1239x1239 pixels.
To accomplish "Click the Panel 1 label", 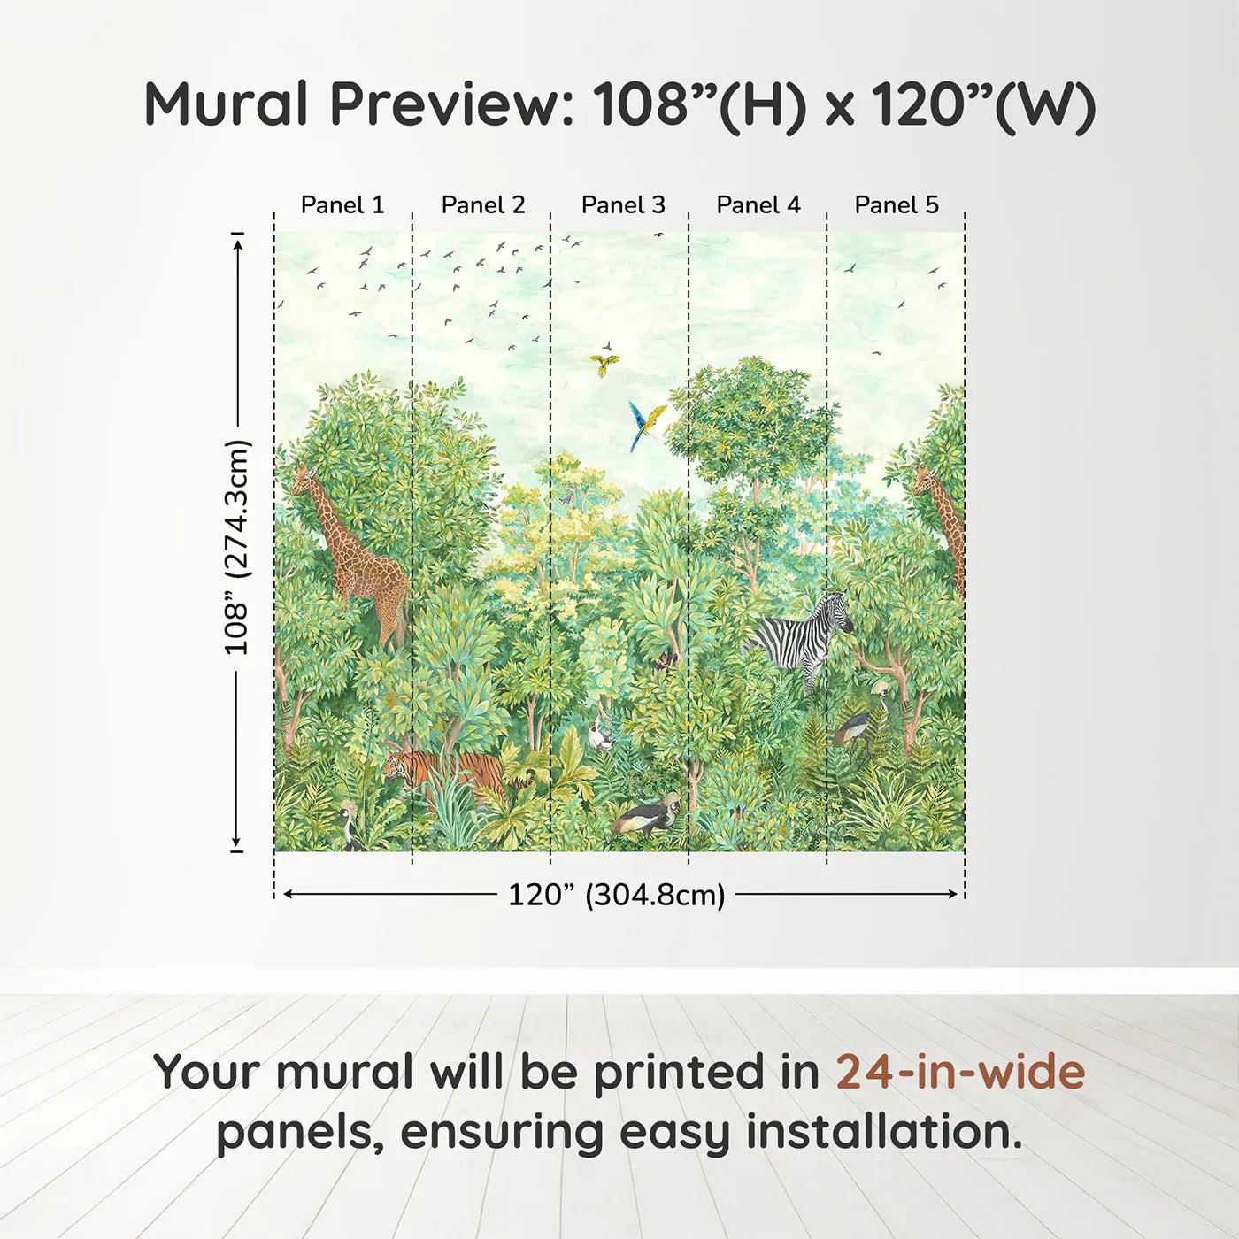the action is pyautogui.click(x=342, y=205).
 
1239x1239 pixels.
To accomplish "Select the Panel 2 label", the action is pyautogui.click(x=483, y=205).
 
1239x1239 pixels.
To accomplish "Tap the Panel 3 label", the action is pyautogui.click(x=623, y=205).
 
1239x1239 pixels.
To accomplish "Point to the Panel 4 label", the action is pyautogui.click(x=758, y=205).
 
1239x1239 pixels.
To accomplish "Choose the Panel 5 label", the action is pyautogui.click(x=897, y=205).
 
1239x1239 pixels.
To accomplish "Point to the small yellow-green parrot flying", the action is pyautogui.click(x=604, y=365).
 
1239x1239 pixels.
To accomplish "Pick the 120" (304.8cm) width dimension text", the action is pyautogui.click(x=617, y=895).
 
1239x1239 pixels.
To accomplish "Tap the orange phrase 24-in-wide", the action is pyautogui.click(x=960, y=1072).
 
